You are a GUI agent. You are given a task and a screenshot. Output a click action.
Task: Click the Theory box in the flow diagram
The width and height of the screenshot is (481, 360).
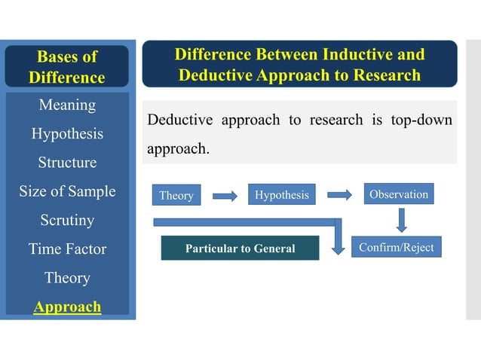pyautogui.click(x=176, y=196)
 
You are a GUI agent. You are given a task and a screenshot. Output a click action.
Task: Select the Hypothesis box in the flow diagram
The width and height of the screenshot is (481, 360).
pyautogui.click(x=281, y=195)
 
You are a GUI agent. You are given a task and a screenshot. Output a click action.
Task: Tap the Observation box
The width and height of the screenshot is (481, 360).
pyautogui.click(x=399, y=194)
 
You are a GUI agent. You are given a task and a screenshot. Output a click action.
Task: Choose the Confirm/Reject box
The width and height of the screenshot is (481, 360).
pyautogui.click(x=396, y=247)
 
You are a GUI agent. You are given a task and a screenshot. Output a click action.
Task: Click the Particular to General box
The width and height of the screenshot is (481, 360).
pyautogui.click(x=240, y=249)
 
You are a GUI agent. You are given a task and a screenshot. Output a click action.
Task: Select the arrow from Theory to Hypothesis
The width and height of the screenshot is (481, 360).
pyautogui.click(x=225, y=196)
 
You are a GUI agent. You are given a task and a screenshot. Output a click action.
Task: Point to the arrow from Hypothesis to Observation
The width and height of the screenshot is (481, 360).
pyautogui.click(x=339, y=195)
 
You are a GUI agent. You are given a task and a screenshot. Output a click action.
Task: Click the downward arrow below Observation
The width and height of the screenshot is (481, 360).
pyautogui.click(x=401, y=219)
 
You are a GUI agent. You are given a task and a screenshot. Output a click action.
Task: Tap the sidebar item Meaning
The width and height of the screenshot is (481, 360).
pyautogui.click(x=67, y=105)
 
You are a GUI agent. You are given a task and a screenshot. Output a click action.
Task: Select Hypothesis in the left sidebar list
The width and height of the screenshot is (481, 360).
pyautogui.click(x=67, y=134)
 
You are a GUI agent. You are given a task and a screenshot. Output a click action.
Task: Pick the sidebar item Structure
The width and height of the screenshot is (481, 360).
pyautogui.click(x=67, y=163)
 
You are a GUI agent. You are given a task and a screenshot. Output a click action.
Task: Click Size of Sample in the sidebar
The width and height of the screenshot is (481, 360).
pyautogui.click(x=67, y=191)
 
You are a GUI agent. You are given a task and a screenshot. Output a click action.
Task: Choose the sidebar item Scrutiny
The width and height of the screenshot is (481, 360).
pyautogui.click(x=67, y=221)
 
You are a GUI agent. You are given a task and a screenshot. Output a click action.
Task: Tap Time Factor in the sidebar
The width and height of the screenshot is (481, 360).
pyautogui.click(x=67, y=249)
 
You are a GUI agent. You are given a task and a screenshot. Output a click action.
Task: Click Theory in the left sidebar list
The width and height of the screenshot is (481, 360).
pyautogui.click(x=67, y=278)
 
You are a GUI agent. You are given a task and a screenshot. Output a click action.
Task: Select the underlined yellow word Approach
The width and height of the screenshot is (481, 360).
pyautogui.click(x=67, y=307)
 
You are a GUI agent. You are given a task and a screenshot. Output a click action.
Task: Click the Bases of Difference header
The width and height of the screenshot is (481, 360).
pyautogui.click(x=67, y=67)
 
